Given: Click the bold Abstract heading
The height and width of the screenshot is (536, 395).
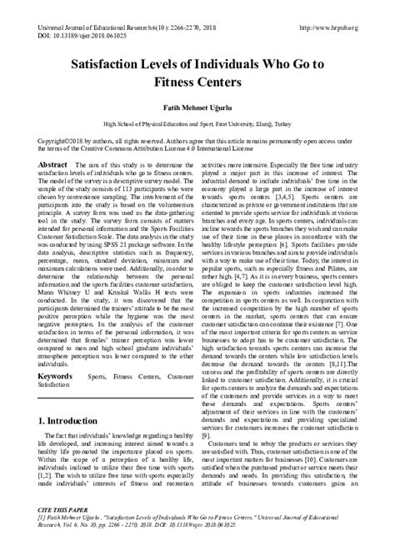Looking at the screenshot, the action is (x=52, y=167).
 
